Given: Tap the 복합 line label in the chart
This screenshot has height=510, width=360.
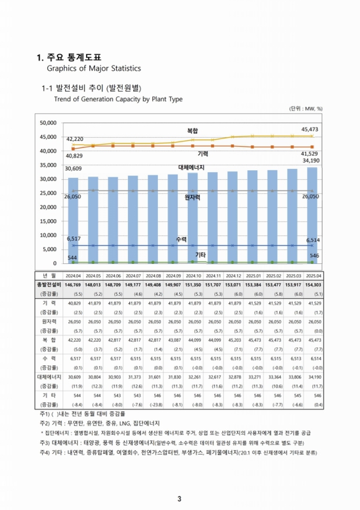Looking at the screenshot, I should (192, 130).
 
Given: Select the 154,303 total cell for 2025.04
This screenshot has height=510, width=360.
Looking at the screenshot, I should (312, 284).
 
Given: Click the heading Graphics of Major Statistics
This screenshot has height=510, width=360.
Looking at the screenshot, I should (94, 68).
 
